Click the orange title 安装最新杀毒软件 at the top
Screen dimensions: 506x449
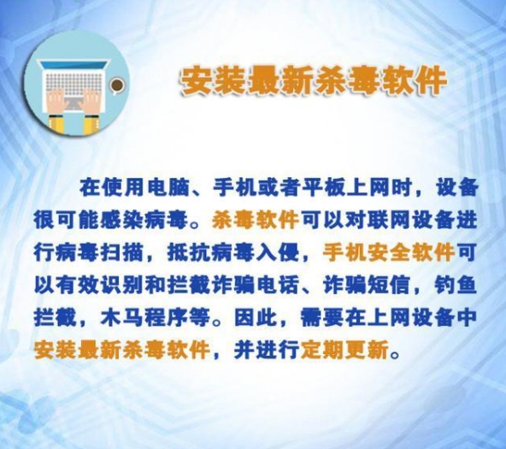pos(313,80)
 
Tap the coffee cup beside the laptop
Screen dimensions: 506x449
pos(116,86)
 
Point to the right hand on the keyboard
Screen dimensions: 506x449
pos(93,100)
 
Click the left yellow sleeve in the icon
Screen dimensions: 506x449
pos(56,124)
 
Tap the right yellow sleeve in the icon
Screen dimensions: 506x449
pos(91,125)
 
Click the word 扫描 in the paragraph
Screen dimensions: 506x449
pos(123,253)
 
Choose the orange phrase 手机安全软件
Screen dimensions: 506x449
pos(389,253)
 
